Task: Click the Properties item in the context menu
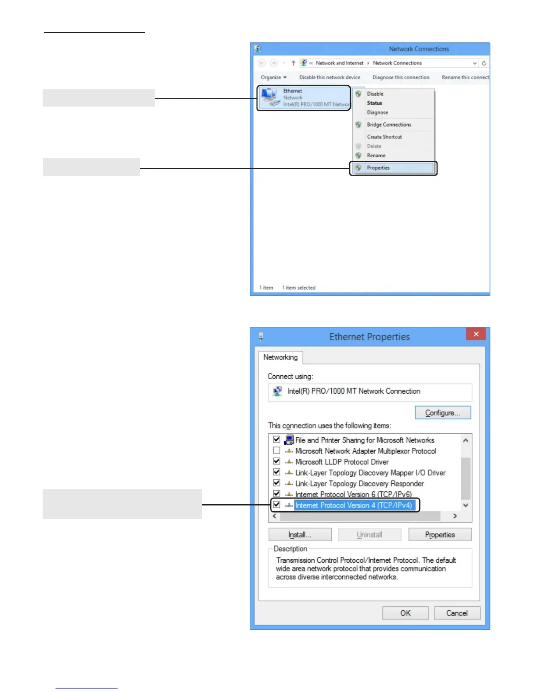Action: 378,168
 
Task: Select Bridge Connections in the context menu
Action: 389,125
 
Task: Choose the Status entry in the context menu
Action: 375,103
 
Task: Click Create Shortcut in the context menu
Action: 384,137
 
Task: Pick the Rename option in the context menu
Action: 376,156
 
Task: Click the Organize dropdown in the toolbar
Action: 274,77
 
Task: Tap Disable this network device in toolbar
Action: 330,77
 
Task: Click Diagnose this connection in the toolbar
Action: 401,77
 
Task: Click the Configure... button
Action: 442,413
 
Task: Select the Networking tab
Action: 280,357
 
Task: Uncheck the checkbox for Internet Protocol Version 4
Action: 277,505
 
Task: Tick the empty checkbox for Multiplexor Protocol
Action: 277,450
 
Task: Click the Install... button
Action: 300,535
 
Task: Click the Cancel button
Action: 457,613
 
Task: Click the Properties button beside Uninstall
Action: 440,535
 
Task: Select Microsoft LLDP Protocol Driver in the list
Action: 342,462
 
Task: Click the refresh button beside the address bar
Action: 484,63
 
